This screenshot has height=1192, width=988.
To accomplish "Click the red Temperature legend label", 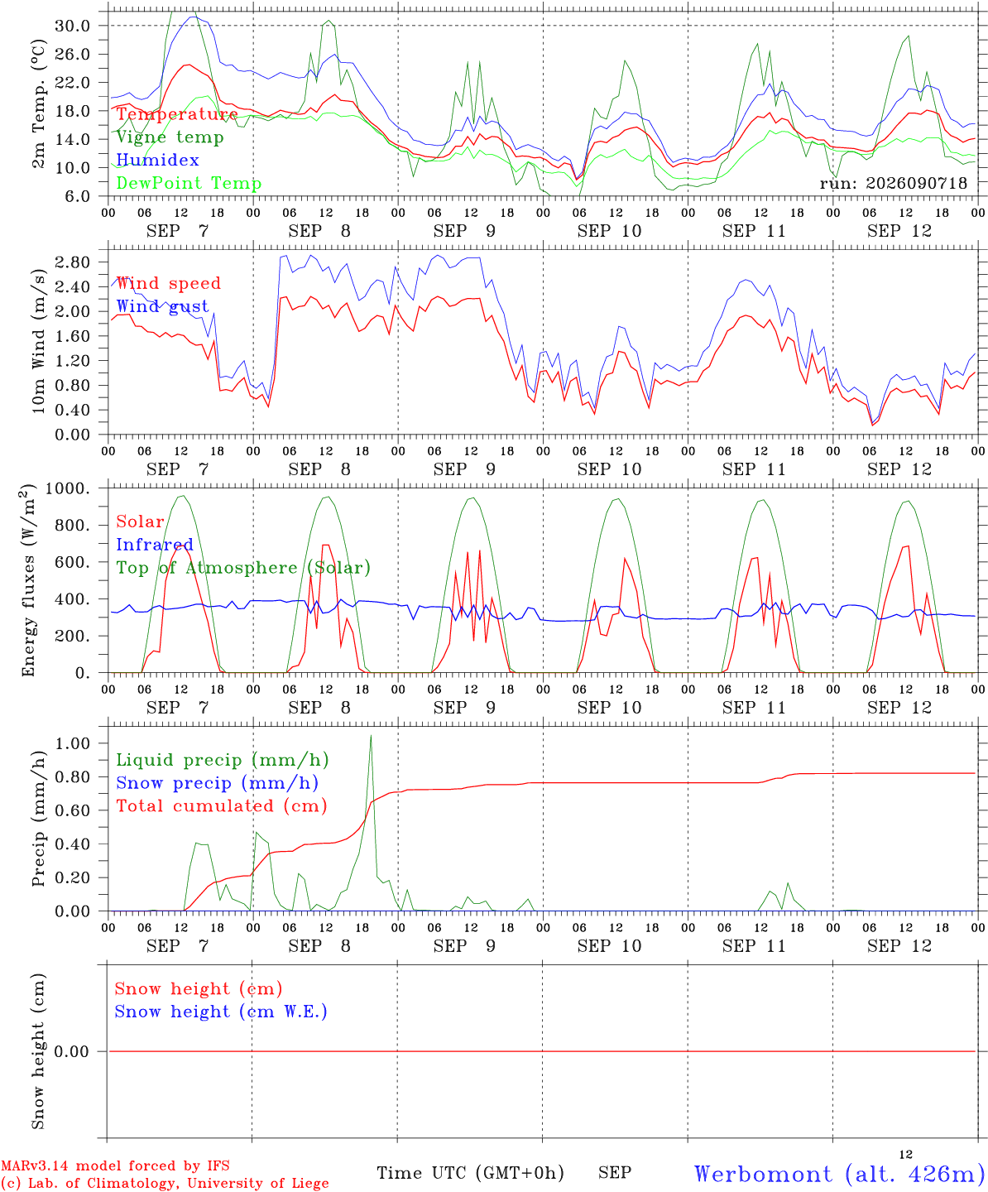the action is [x=177, y=114].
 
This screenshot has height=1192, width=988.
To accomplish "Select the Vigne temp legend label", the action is [x=170, y=137].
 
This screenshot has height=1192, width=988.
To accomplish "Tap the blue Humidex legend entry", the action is [x=157, y=160].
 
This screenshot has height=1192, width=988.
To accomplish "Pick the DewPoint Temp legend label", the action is [x=189, y=183].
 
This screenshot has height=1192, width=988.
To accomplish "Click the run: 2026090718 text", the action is [x=893, y=183].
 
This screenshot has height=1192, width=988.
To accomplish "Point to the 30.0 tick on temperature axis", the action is [x=73, y=26].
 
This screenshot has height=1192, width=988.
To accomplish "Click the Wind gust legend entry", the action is [x=163, y=306].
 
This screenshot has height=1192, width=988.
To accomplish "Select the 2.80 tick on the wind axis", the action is [x=73, y=262].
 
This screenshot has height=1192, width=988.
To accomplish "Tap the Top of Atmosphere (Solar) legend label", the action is [x=243, y=568].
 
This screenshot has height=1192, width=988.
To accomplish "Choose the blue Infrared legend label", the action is [x=155, y=544].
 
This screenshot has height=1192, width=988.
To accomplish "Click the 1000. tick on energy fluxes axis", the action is [x=68, y=488].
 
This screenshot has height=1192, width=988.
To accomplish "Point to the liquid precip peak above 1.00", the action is [x=371, y=736].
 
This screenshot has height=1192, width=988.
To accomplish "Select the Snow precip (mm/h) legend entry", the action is [x=217, y=783].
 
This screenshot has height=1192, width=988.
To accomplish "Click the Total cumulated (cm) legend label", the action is [x=222, y=805].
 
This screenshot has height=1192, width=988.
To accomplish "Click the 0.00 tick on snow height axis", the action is [x=72, y=1051].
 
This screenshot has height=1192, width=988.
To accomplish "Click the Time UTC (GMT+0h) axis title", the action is [x=470, y=1173].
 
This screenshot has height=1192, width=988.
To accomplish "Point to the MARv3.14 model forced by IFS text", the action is [x=115, y=1166].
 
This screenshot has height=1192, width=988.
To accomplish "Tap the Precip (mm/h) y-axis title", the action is [x=38, y=819].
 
